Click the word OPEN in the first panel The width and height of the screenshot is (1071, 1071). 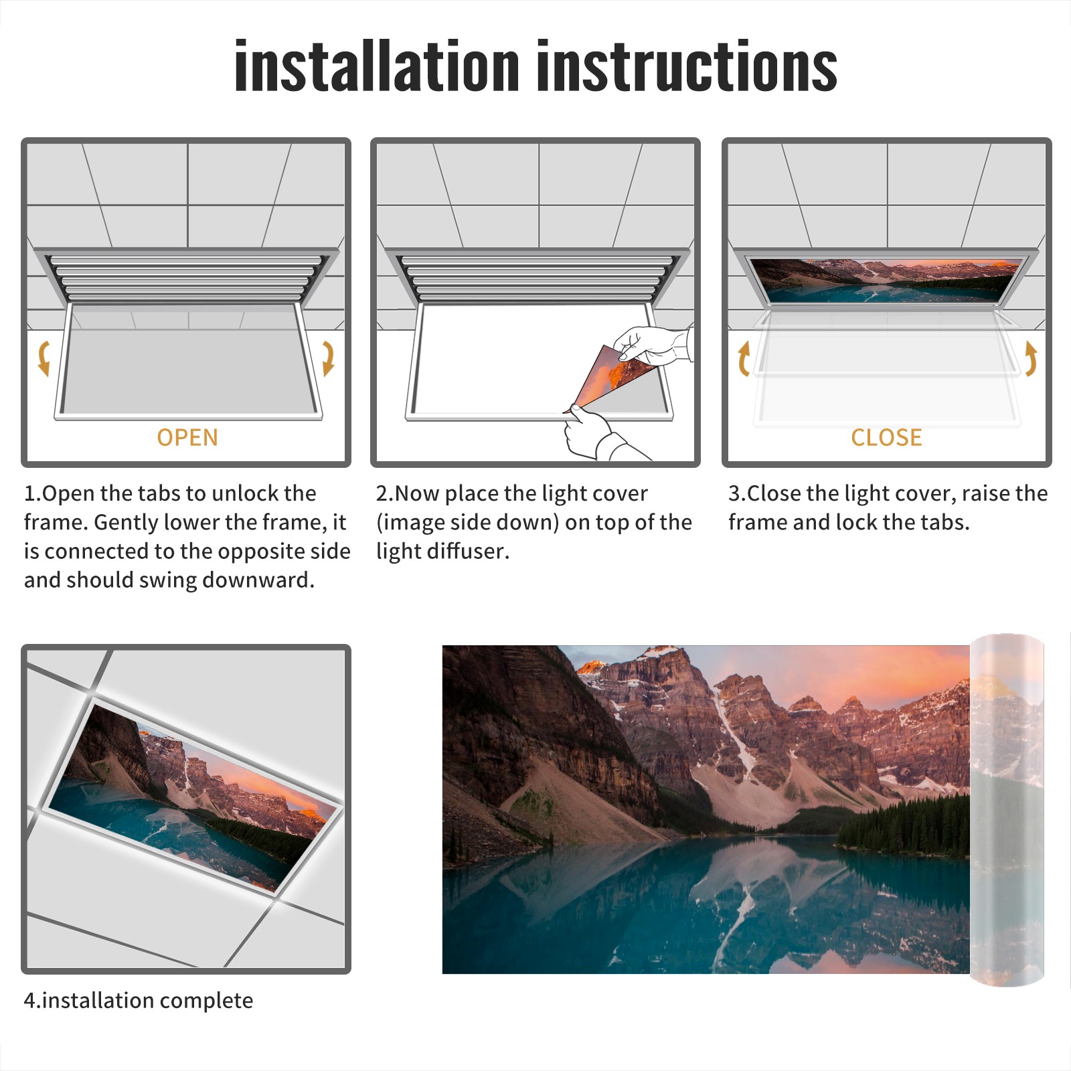pyautogui.click(x=187, y=437)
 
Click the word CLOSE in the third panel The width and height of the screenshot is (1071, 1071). pyautogui.click(x=886, y=437)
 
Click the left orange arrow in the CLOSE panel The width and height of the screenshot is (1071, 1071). pyautogui.click(x=743, y=358)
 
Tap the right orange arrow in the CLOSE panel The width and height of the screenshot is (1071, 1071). pyautogui.click(x=1031, y=358)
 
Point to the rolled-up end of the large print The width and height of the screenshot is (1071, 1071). pyautogui.click(x=1007, y=809)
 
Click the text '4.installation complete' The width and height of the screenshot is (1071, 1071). pyautogui.click(x=139, y=1001)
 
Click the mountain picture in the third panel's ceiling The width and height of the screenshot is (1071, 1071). pyautogui.click(x=887, y=280)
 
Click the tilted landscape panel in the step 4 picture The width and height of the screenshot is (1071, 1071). pyautogui.click(x=194, y=798)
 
